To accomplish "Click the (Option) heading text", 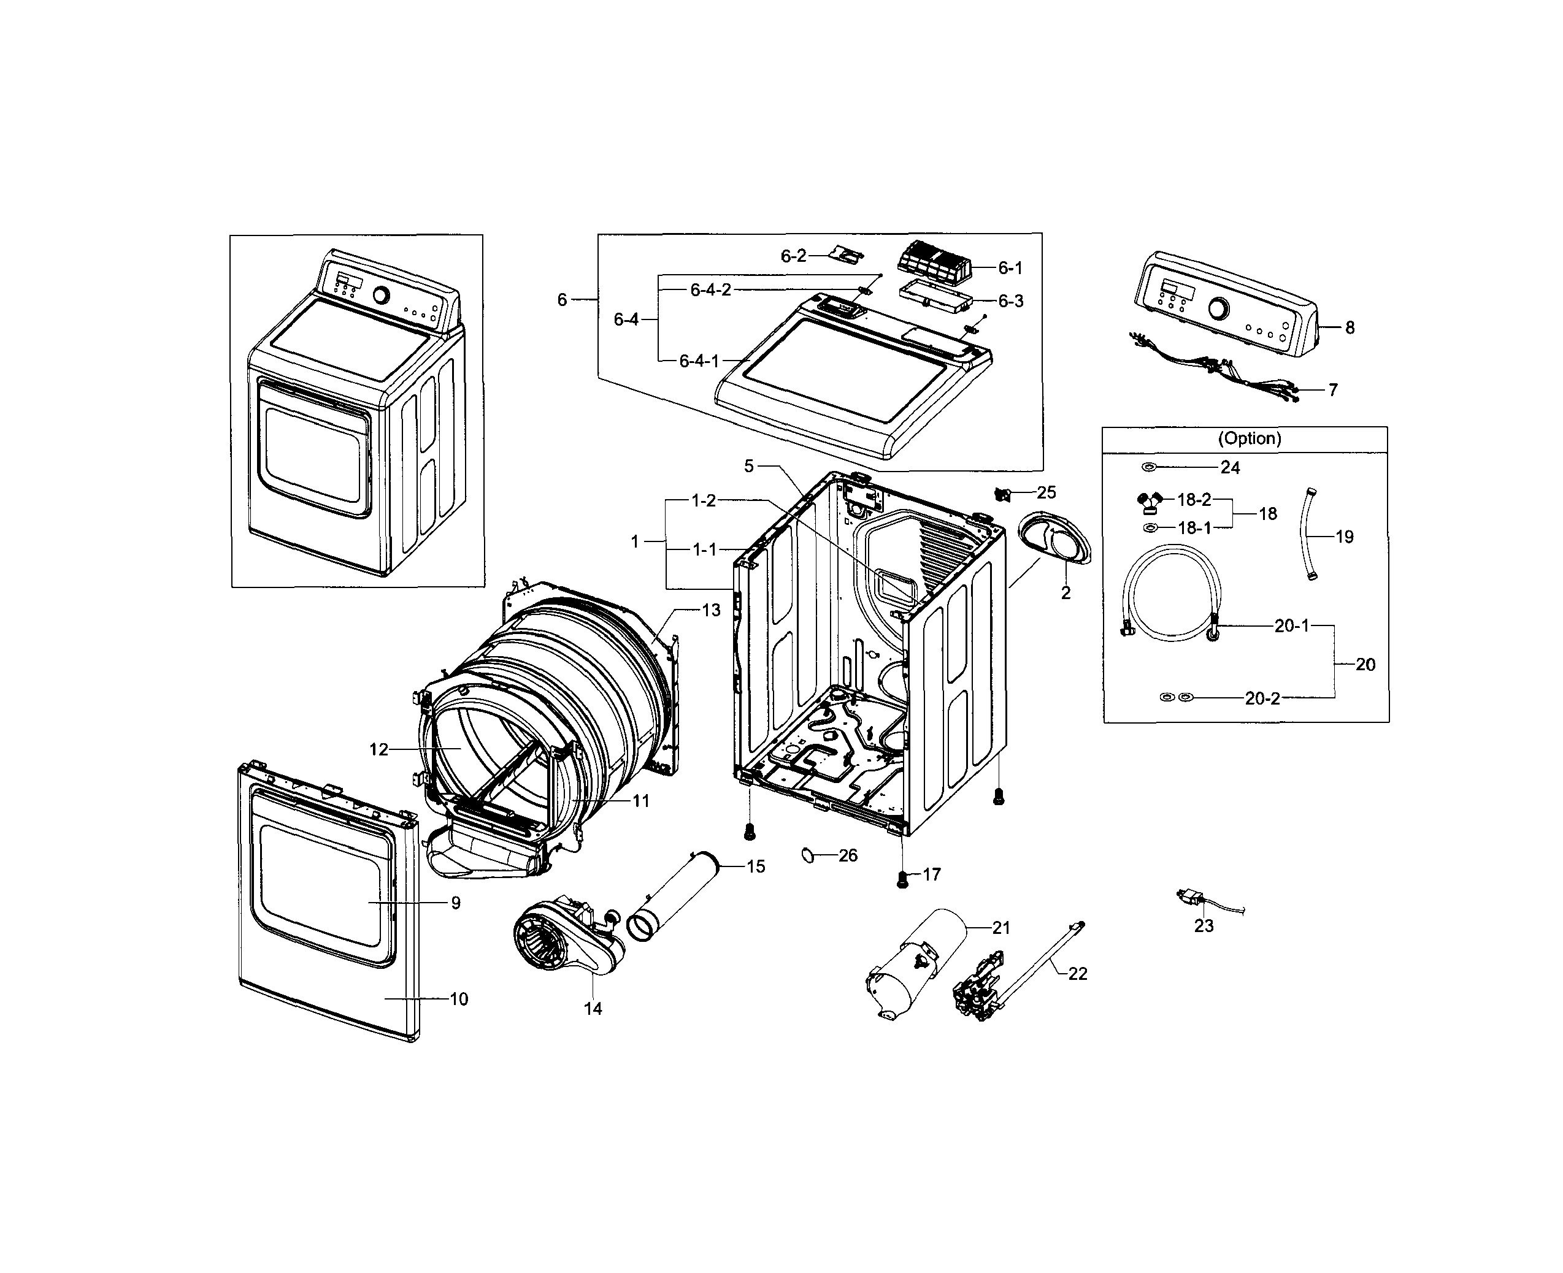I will tap(1249, 438).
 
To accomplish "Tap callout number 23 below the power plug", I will tap(1204, 926).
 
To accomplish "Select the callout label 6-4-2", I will tap(710, 289).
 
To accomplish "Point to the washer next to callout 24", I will tap(1148, 467).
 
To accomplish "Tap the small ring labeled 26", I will tap(808, 854).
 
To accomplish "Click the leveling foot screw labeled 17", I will tap(903, 879).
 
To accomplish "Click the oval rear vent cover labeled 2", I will tap(1054, 538).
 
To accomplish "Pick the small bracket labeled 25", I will tap(1002, 494).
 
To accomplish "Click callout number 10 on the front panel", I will tap(458, 999).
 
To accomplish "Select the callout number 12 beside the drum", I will tap(378, 749).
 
